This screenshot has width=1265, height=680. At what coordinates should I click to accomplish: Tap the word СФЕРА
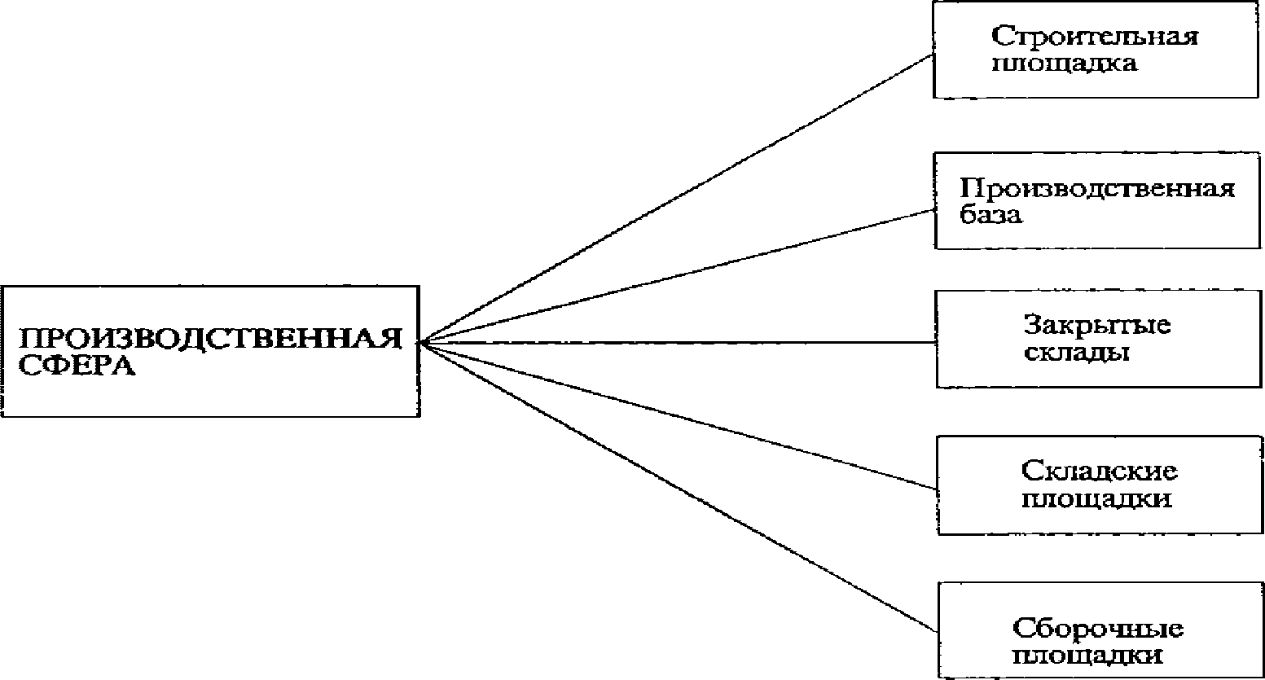coord(77,366)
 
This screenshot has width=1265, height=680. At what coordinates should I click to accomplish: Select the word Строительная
coord(1095,37)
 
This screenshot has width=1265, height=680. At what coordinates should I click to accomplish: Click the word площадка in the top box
coord(1065,64)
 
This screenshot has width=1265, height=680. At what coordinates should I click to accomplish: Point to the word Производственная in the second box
coord(1097,189)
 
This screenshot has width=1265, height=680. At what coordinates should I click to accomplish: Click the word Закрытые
coord(1097,325)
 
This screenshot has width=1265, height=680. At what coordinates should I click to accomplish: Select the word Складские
coord(1099,471)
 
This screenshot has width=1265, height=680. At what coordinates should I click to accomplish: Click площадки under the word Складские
coord(1096,498)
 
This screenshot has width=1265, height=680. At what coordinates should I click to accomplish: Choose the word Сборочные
coord(1098,629)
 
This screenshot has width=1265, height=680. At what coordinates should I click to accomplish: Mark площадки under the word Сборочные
coord(1087,656)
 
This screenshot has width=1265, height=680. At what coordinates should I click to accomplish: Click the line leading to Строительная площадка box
coord(676,200)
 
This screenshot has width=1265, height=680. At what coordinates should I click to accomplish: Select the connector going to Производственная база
coord(676,277)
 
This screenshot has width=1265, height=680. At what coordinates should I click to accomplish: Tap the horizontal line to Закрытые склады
coord(676,342)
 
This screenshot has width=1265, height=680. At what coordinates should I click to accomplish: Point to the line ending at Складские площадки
coord(676,415)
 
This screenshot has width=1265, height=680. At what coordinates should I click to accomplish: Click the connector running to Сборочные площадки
coord(676,486)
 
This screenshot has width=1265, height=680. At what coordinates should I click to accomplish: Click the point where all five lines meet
coord(421,342)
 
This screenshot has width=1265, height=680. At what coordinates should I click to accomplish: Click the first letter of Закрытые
coord(1031,325)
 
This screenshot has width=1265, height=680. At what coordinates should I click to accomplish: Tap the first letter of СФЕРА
coord(28,366)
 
